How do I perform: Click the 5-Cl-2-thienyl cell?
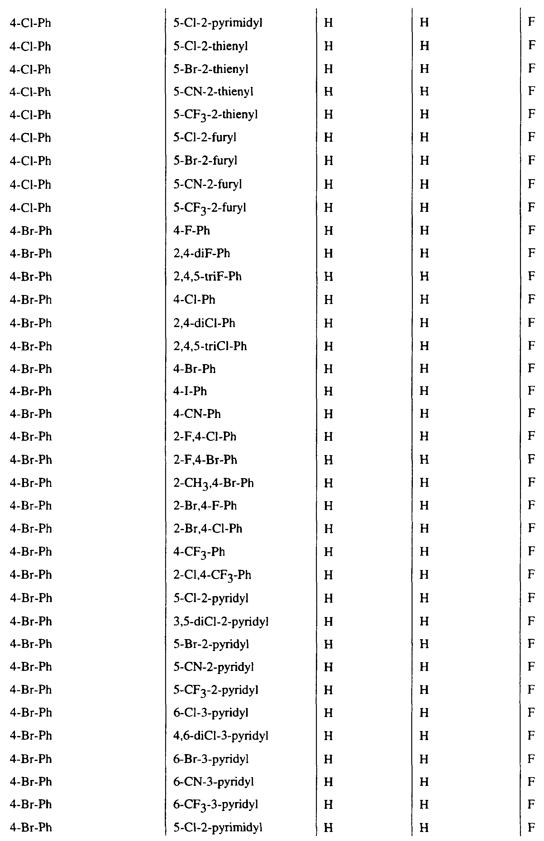[x=211, y=46]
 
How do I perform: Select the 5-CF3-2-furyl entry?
[x=209, y=207]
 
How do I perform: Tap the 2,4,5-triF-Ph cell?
[x=208, y=276]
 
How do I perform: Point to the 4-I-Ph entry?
[x=190, y=391]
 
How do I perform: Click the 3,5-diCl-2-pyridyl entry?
[x=221, y=621]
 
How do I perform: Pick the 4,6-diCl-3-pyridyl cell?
[x=221, y=736]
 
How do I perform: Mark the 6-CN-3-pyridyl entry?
[x=213, y=782]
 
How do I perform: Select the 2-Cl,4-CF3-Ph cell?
[x=212, y=575]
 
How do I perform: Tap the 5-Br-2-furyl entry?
[x=205, y=161]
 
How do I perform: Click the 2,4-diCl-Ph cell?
[x=204, y=323]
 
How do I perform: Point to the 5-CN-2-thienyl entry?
[x=213, y=92]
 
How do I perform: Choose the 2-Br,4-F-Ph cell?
[x=205, y=506]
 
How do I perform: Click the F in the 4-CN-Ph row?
[x=531, y=413]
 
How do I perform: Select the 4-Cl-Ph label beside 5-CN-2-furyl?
[x=31, y=184]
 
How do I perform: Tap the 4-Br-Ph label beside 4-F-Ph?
[x=31, y=231]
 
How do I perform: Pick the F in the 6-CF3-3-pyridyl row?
[x=531, y=805]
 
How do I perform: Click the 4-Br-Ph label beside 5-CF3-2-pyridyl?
[x=31, y=690]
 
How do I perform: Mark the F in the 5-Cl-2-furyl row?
[x=531, y=137]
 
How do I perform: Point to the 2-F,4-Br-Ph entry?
[x=205, y=460]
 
